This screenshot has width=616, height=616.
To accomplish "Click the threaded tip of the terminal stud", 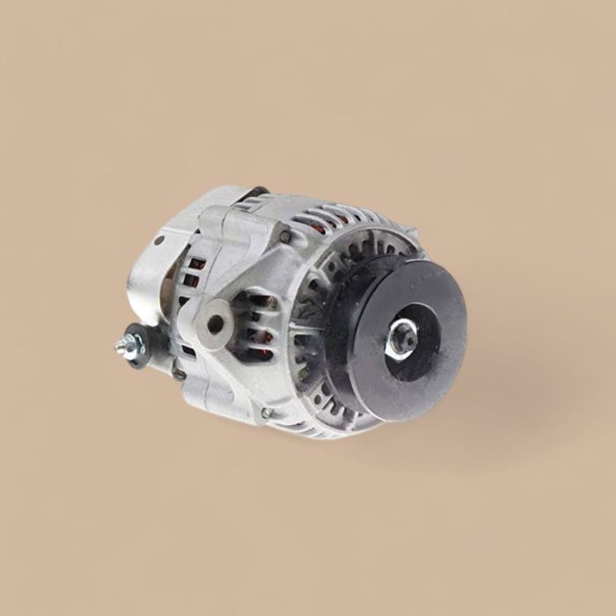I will [x=121, y=348].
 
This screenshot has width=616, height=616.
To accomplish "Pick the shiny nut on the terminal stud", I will [x=128, y=344].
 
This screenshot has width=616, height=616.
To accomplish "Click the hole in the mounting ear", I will [x=215, y=323].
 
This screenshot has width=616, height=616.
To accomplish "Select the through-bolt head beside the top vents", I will [x=285, y=235].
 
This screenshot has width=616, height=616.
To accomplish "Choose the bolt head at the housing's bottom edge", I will [x=266, y=413].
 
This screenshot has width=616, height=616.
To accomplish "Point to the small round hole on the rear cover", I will [x=159, y=239].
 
